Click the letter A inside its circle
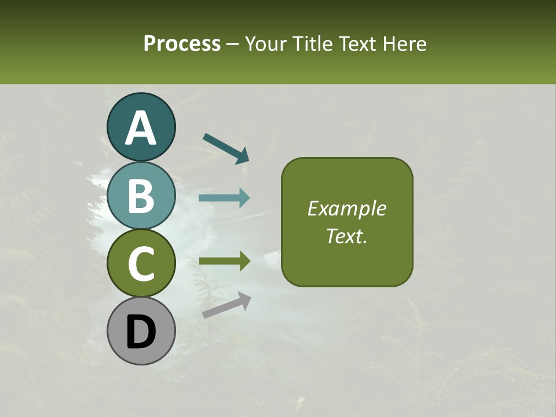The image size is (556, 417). pyautogui.click(x=141, y=129)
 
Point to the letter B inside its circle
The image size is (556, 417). pyautogui.click(x=141, y=196)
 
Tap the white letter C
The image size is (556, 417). pyautogui.click(x=141, y=264)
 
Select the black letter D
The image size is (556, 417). pyautogui.click(x=141, y=331)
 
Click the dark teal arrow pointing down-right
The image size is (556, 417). pyautogui.click(x=226, y=148)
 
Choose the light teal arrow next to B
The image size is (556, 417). pyautogui.click(x=224, y=198)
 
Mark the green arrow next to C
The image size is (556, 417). pyautogui.click(x=224, y=261)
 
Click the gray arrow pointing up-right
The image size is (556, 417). pyautogui.click(x=226, y=305)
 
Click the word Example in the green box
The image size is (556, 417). pyautogui.click(x=347, y=209)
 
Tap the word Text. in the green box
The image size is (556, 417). pyautogui.click(x=347, y=236)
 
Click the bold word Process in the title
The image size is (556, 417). pyautogui.click(x=182, y=43)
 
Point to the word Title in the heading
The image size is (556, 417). pyautogui.click(x=311, y=43)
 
